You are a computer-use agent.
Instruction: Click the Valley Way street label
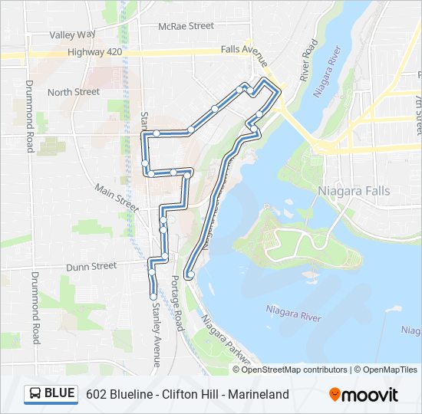(72, 34)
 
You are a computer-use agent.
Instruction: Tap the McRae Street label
(186, 26)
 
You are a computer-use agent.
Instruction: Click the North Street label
(74, 92)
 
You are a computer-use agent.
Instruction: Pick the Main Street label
(116, 198)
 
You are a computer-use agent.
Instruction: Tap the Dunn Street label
(92, 267)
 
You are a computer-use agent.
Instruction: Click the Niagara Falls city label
(354, 191)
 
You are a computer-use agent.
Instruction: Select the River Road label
(308, 61)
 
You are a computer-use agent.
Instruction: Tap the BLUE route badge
(51, 394)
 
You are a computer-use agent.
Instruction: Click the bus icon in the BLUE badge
(35, 394)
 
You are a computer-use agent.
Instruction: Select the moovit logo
(364, 395)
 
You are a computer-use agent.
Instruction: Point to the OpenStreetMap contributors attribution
(295, 370)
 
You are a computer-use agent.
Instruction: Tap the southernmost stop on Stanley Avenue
(153, 296)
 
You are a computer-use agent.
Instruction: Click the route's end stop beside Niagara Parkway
(190, 274)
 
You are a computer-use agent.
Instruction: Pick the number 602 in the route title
(96, 394)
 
